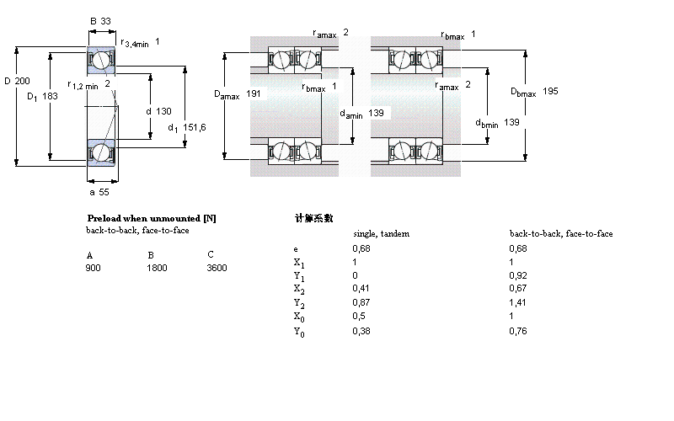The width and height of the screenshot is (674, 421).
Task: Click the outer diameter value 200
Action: tap(24, 81)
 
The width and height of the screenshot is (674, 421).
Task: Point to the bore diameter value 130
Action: tap(164, 111)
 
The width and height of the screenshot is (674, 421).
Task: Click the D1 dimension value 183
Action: tap(50, 96)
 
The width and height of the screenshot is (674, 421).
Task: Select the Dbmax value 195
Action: tap(550, 91)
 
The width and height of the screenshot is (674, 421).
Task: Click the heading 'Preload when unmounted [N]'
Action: tap(151, 218)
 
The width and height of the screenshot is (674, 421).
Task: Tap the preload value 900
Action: tap(93, 269)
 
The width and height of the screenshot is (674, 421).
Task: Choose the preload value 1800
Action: tap(158, 269)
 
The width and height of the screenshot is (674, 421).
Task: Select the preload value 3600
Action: tap(217, 269)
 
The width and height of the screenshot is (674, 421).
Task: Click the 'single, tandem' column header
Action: tap(381, 233)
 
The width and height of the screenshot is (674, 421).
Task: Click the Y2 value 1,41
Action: tap(517, 302)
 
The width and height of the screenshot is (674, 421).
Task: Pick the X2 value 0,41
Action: tap(360, 289)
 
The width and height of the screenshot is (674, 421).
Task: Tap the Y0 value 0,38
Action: tap(360, 330)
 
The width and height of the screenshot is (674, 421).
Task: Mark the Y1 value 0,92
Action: tap(517, 275)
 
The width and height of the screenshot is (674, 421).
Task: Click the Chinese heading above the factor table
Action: tap(313, 218)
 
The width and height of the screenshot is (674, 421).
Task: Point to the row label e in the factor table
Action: tap(295, 248)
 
